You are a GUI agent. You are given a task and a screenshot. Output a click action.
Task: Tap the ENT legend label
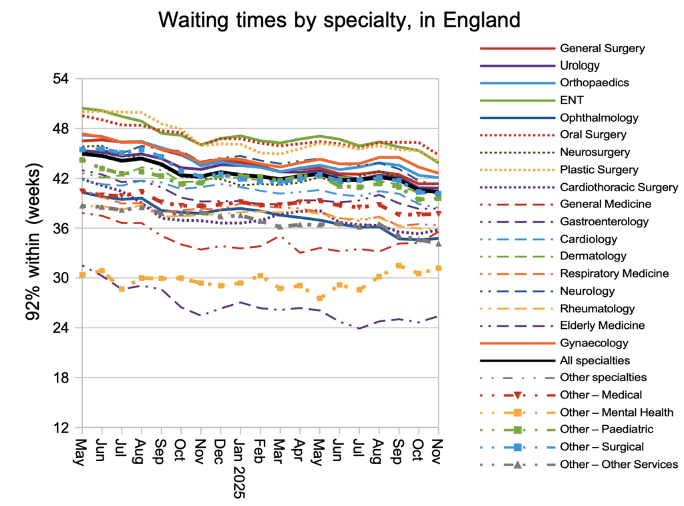tap(572, 100)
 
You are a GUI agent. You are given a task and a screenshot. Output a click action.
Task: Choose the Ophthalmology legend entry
tap(599, 118)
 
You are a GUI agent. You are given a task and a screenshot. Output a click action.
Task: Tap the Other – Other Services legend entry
tap(619, 464)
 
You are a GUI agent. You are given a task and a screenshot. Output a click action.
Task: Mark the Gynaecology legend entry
tap(593, 343)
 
